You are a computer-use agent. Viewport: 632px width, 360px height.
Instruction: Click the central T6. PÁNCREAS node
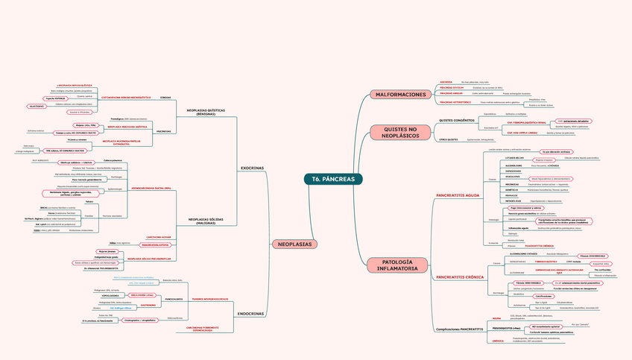pos(333,179)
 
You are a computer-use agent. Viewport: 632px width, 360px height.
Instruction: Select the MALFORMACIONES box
pos(401,95)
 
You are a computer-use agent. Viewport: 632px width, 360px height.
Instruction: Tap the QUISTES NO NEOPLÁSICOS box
pos(401,133)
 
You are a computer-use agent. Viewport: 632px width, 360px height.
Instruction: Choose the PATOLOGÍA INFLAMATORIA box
pos(401,265)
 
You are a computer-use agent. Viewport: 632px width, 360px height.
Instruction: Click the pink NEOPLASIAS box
pos(294,244)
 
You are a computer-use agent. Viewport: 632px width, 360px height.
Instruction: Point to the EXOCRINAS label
pos(252,168)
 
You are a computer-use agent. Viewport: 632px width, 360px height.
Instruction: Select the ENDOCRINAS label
pos(252,314)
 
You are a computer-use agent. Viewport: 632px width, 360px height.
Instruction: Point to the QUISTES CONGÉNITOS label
pos(457,120)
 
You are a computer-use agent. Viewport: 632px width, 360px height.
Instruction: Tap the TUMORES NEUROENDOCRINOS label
pos(209,298)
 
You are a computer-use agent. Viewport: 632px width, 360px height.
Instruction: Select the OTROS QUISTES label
pos(448,139)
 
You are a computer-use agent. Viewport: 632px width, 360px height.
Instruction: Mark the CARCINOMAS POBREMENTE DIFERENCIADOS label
pos(203,329)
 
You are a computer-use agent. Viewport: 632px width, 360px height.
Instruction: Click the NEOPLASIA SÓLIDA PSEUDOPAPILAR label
pos(149,259)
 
